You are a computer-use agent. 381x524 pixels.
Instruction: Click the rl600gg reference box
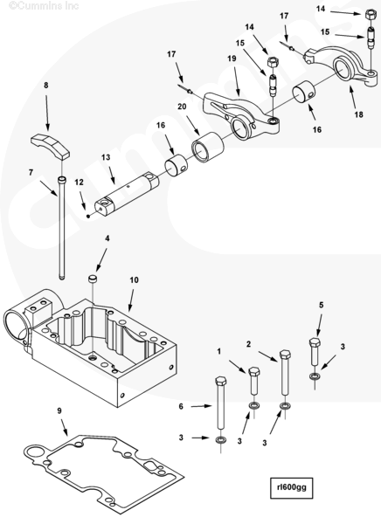pos(291,488)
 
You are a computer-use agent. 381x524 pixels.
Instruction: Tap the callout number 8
pos(46,86)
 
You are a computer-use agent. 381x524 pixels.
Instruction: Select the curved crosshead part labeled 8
pos(50,146)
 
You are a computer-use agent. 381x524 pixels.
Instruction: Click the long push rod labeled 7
pos(62,228)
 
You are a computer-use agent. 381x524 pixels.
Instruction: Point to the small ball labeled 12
pos(88,216)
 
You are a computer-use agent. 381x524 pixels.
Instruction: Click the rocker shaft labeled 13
pos(127,192)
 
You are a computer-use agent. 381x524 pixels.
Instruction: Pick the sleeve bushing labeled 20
pos(207,147)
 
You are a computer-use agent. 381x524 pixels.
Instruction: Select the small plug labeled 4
pos(92,279)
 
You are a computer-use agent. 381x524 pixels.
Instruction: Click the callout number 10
pos(134,280)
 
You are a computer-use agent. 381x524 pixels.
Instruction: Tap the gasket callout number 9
pos(59,410)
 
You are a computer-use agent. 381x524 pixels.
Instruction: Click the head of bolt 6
pos(221,382)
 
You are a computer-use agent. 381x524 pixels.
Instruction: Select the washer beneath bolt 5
pos(315,376)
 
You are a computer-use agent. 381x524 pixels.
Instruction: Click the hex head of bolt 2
pos(285,355)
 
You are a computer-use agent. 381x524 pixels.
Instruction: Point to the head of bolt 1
pos(254,372)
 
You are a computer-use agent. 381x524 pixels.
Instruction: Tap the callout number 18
pos(358,114)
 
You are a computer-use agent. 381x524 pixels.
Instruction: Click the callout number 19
pos(232,59)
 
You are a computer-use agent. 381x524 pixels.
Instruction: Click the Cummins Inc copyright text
pos(44,5)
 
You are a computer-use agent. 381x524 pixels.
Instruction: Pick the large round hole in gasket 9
pos(33,452)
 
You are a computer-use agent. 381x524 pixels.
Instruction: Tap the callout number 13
pos(106,157)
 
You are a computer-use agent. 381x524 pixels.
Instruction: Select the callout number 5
pos(321,305)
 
